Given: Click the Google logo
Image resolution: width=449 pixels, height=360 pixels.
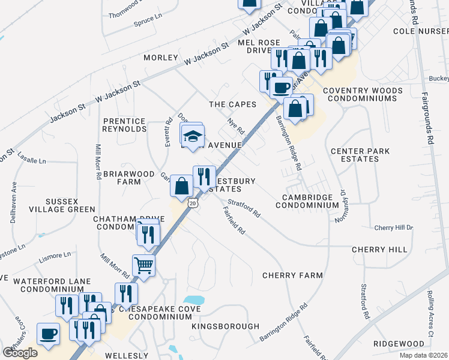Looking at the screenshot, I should pyautogui.click(x=20, y=352).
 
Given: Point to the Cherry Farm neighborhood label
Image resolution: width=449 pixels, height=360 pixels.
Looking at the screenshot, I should pyautogui.click(x=292, y=275).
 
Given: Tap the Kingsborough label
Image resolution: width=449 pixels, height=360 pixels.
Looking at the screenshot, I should pyautogui.click(x=225, y=326).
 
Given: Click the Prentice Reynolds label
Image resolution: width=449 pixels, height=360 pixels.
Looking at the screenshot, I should pyautogui.click(x=124, y=125).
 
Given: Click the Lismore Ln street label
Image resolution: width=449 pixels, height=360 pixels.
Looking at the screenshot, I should pyautogui.click(x=57, y=257).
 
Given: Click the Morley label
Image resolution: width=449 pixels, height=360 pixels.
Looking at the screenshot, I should pyautogui.click(x=160, y=58).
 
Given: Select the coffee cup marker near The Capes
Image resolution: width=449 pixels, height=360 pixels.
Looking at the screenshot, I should pyautogui.click(x=281, y=88).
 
